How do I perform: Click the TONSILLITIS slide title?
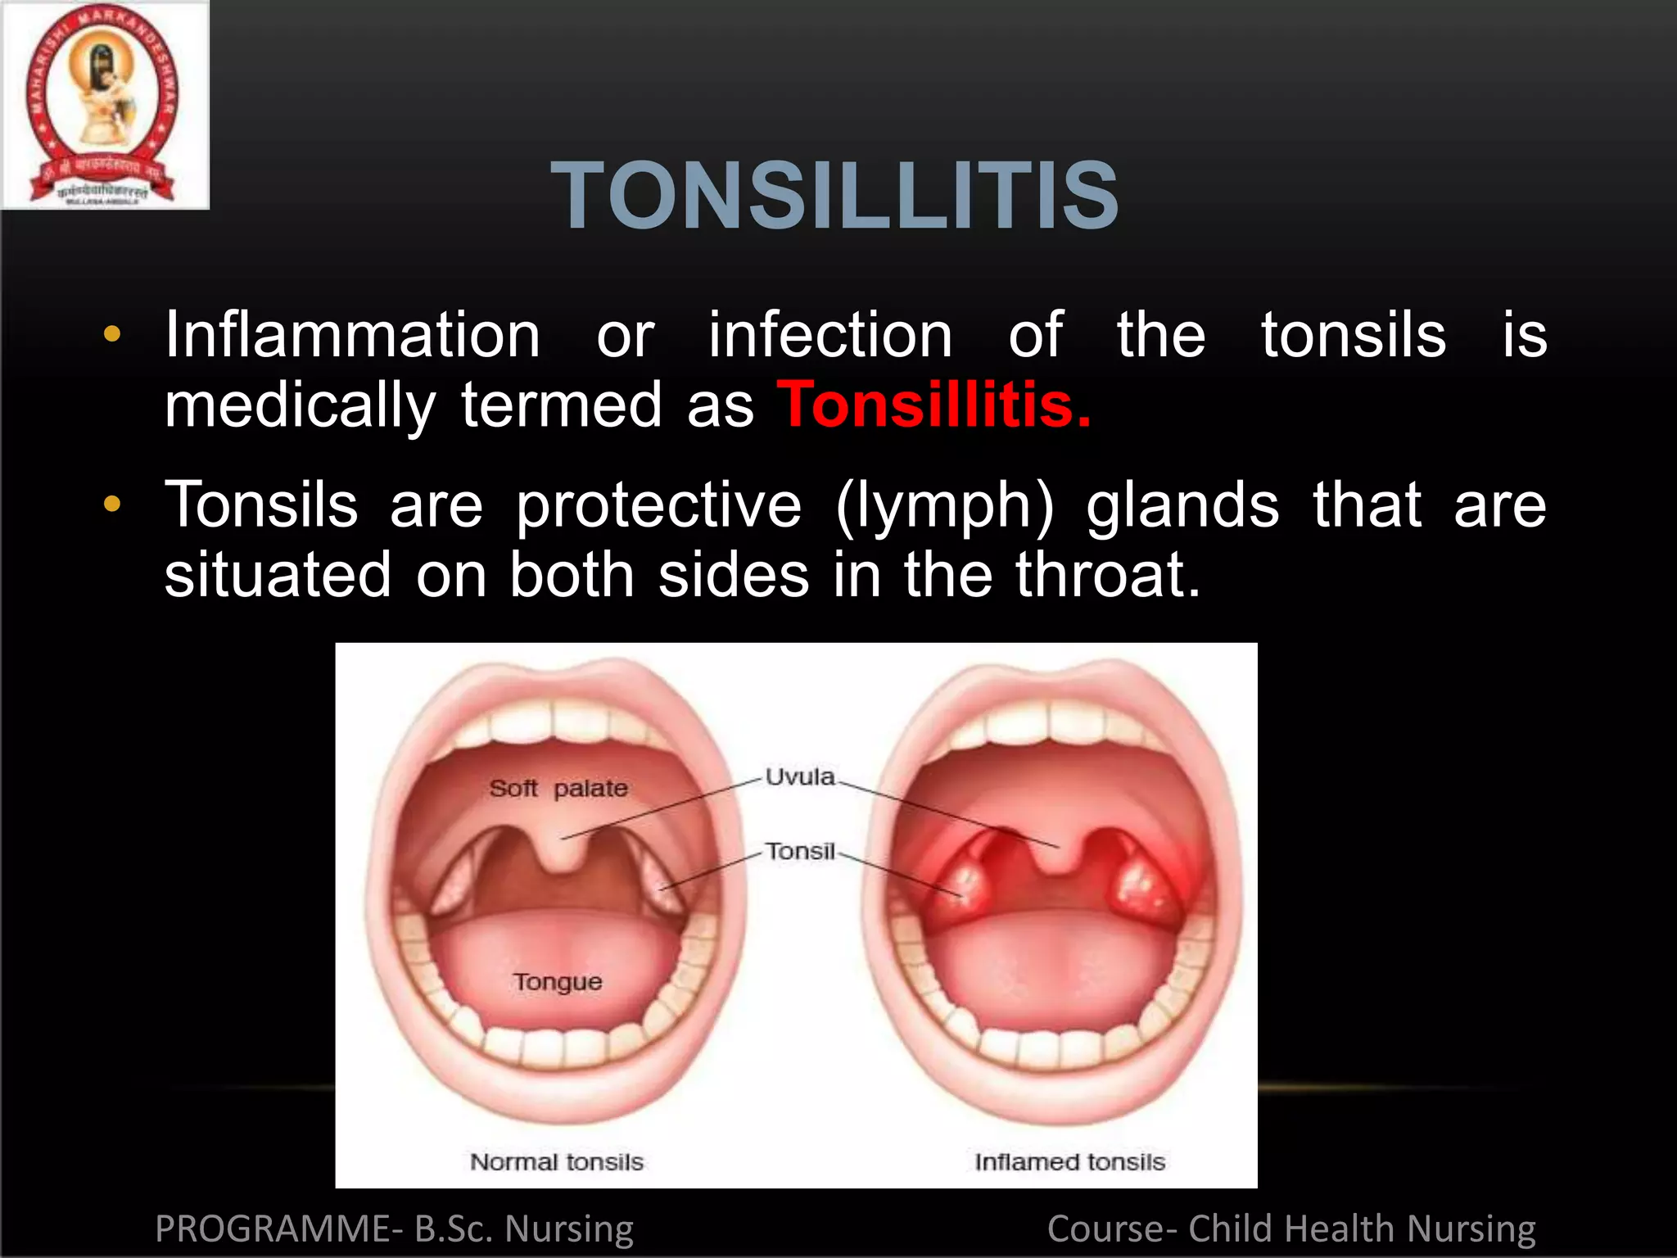[835, 197]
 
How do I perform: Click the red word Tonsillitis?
[933, 405]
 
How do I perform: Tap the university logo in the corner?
[104, 105]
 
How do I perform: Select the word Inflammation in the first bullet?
[352, 335]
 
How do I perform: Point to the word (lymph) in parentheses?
[945, 506]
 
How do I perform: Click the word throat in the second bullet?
[1107, 575]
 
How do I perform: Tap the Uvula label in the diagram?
[800, 776]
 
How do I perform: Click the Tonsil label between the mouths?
[800, 852]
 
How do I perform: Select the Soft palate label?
[558, 788]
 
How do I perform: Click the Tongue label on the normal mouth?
[558, 981]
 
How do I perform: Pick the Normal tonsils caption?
[557, 1161]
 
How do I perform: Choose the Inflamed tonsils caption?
[1069, 1161]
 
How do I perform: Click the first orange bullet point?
[112, 334]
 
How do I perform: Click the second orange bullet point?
[112, 505]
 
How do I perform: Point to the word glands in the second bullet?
[1182, 505]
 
